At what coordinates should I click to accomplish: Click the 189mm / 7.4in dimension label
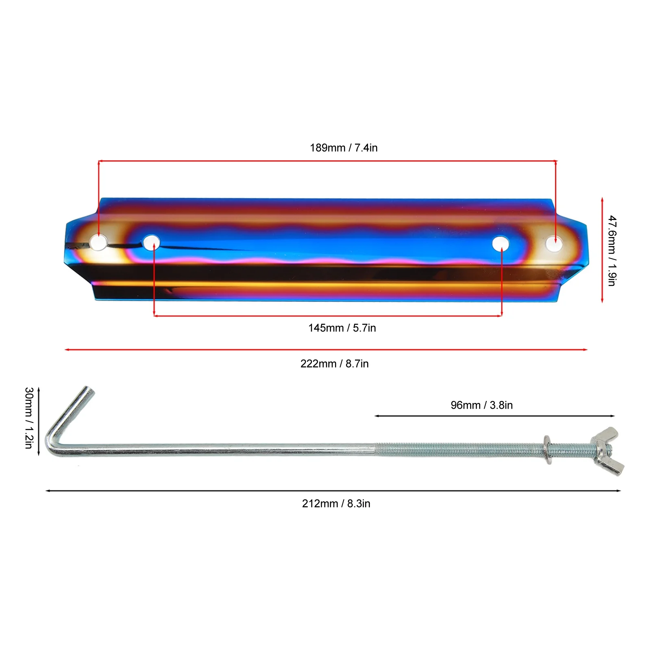pyautogui.click(x=344, y=148)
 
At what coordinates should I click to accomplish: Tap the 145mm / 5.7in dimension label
pyautogui.click(x=342, y=328)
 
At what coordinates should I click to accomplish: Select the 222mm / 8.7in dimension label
pyautogui.click(x=334, y=364)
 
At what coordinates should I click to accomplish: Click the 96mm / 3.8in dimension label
pyautogui.click(x=481, y=405)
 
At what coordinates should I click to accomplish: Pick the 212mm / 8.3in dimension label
pyautogui.click(x=336, y=503)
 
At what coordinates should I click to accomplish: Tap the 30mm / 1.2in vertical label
pyautogui.click(x=28, y=418)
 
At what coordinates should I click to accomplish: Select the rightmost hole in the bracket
pyautogui.click(x=554, y=244)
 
